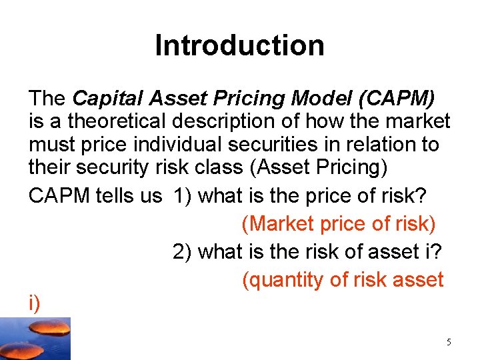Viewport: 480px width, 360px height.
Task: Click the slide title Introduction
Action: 239,46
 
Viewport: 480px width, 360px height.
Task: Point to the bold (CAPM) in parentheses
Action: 397,99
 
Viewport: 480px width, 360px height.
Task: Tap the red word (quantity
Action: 283,280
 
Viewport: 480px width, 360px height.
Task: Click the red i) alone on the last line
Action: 34,303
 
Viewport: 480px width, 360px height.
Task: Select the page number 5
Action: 449,342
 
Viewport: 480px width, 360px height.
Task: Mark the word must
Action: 50,144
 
